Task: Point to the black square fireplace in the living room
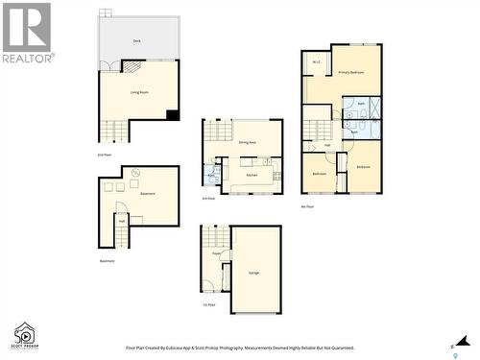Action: point(172,115)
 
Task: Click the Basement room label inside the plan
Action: point(148,194)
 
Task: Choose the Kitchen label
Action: point(252,175)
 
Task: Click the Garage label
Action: point(254,273)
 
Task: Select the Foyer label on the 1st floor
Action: point(217,254)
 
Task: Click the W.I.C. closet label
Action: point(316,64)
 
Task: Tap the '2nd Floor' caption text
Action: point(104,154)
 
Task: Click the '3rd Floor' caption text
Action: point(208,199)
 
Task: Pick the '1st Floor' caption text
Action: point(208,304)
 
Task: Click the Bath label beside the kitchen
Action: point(210,176)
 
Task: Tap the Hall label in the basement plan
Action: point(122,220)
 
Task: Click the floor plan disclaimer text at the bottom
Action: point(240,348)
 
